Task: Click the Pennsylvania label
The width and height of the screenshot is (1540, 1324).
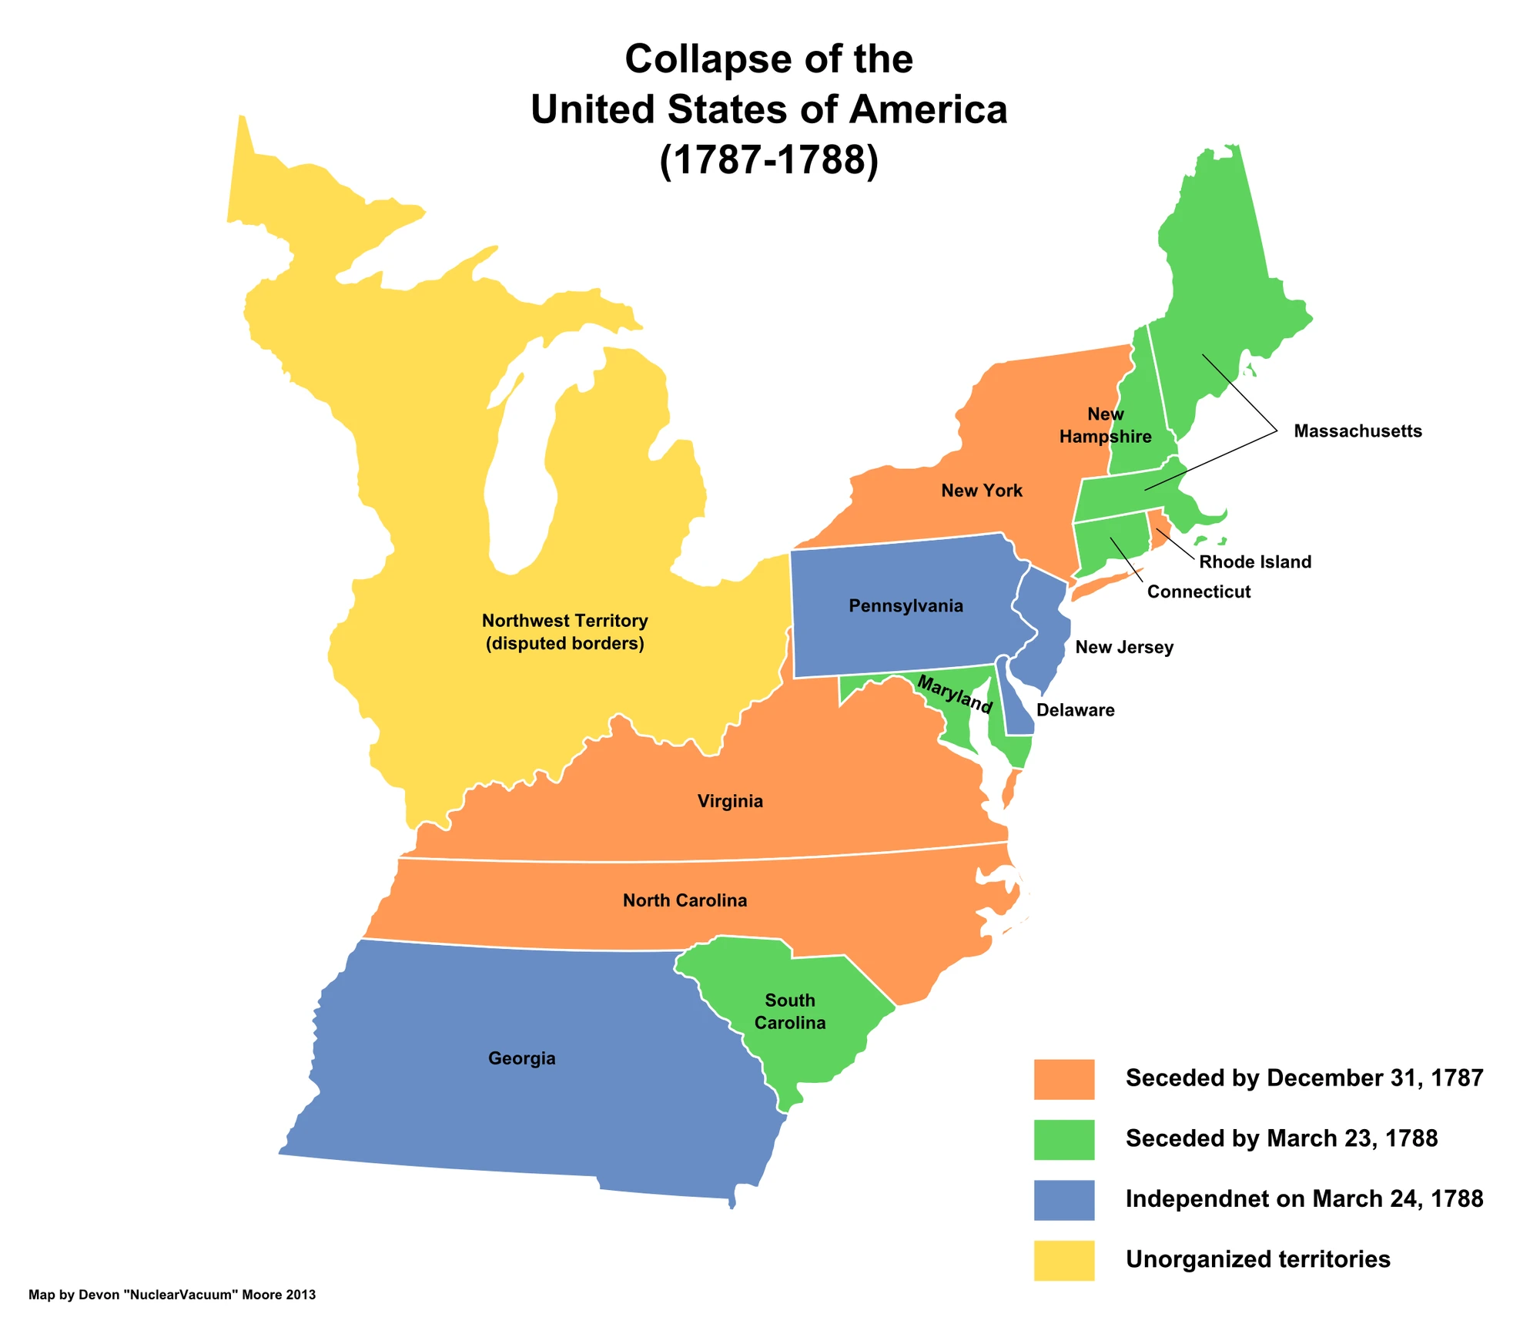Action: click(x=906, y=605)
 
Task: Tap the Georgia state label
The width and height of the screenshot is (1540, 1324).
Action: click(x=521, y=1058)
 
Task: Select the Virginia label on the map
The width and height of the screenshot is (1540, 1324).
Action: click(x=730, y=800)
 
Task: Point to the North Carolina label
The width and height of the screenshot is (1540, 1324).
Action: click(x=685, y=900)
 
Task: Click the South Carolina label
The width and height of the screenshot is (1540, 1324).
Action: click(x=789, y=1011)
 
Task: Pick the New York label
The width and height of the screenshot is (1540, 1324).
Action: click(x=981, y=490)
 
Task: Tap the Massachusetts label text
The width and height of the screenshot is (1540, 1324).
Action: click(x=1357, y=431)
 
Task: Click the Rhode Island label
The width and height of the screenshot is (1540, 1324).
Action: click(x=1254, y=561)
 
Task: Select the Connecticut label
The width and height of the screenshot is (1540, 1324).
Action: click(x=1198, y=591)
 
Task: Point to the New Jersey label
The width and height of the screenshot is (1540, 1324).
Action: click(x=1123, y=646)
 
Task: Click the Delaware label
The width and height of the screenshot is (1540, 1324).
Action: click(x=1075, y=709)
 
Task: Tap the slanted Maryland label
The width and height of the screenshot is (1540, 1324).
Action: click(x=954, y=693)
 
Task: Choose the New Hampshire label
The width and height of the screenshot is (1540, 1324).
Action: click(x=1105, y=424)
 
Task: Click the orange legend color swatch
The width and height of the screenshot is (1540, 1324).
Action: click(x=1063, y=1078)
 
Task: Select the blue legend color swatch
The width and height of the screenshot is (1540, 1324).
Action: click(x=1063, y=1199)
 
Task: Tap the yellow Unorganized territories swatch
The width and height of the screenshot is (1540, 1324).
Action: click(x=1063, y=1260)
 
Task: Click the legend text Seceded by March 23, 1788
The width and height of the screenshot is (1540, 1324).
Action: click(x=1281, y=1138)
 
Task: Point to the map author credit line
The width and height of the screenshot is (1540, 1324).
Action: click(x=172, y=1295)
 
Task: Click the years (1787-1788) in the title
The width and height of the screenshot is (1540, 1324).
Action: click(x=768, y=159)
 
